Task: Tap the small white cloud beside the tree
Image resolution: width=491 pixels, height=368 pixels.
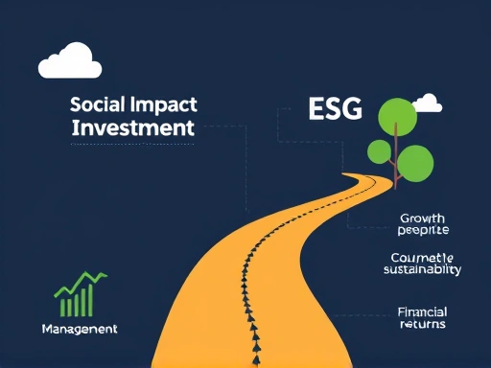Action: [x=427, y=103]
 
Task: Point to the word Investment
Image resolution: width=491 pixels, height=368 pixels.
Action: [x=133, y=127]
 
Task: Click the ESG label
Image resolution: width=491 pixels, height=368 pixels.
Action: [x=335, y=109]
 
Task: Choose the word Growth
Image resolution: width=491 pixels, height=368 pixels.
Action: [x=423, y=218]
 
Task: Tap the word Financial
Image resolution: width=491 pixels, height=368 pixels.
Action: [x=422, y=311]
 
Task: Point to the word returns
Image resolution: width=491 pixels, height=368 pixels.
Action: [x=423, y=324]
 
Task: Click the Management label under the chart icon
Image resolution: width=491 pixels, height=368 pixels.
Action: [x=80, y=329]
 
